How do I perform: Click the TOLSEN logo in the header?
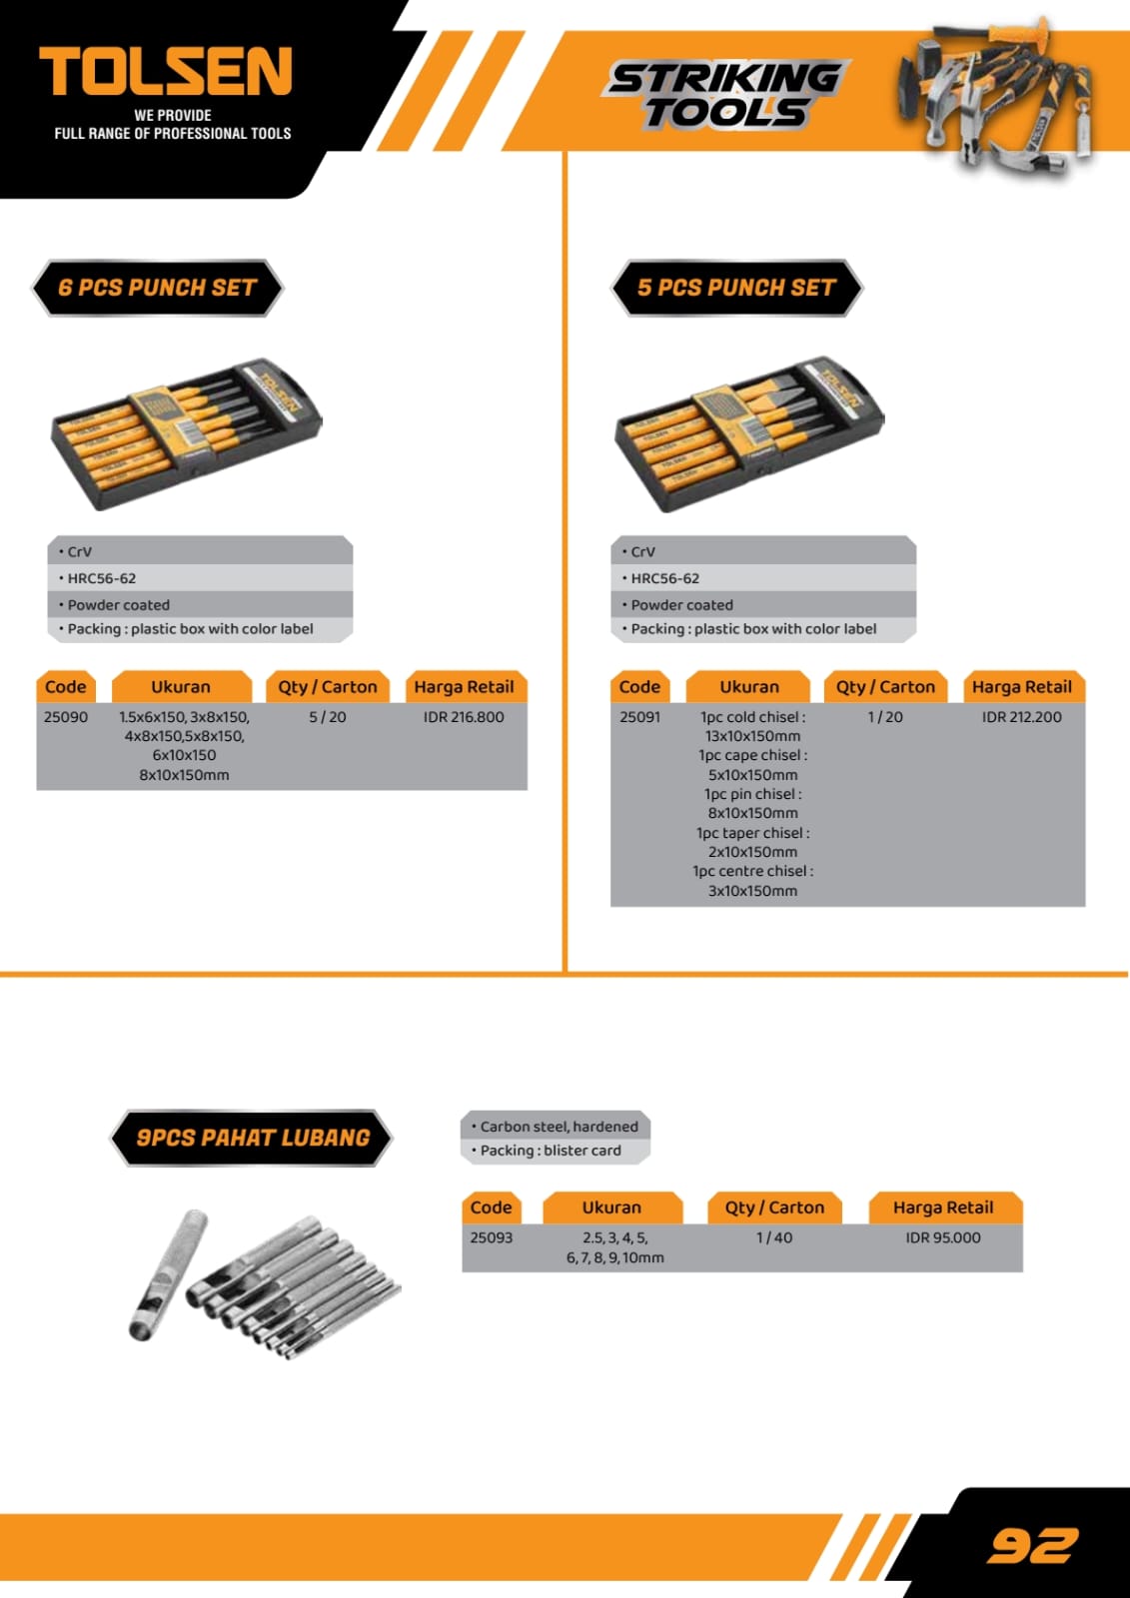tap(166, 71)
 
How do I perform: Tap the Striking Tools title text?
tap(725, 95)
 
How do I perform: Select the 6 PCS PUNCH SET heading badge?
tap(157, 288)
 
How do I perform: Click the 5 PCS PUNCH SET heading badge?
tap(736, 288)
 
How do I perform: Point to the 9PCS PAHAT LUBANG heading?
tap(251, 1138)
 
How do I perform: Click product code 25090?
tap(66, 717)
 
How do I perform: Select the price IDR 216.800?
tap(464, 717)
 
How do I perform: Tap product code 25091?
tap(640, 717)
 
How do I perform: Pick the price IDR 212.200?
tap(1021, 717)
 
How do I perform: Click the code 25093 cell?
tap(492, 1237)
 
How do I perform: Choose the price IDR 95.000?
tap(943, 1237)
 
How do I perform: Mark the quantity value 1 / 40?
tap(774, 1237)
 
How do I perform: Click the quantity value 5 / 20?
tap(328, 717)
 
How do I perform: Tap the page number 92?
tap(1032, 1545)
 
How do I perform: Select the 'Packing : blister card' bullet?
tap(547, 1151)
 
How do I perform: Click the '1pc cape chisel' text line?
tap(753, 755)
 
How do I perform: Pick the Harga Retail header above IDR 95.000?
tap(943, 1207)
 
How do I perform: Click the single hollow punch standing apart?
tap(168, 1274)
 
